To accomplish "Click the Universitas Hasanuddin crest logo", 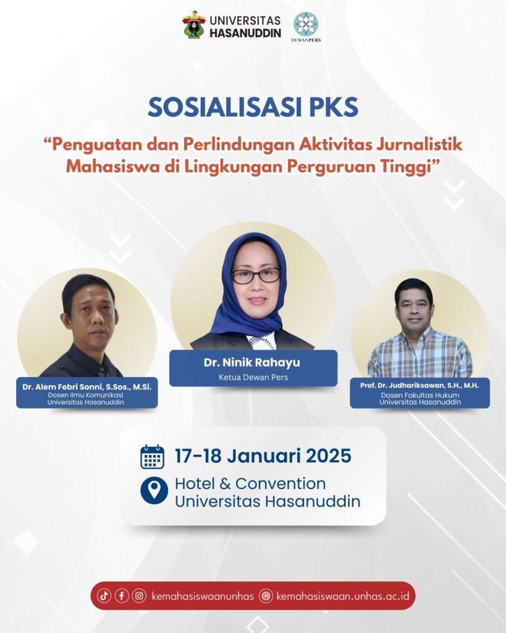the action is point(193,25).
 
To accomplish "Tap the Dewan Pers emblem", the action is point(305,24).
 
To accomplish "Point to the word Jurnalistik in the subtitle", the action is point(420,145).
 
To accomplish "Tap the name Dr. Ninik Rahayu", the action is point(252,362).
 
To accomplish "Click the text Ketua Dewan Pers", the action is point(253,378).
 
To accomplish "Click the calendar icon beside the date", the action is point(152,457).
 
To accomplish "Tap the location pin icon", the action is point(154,490).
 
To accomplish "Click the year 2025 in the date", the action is point(329,456).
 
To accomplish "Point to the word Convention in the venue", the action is point(280,483).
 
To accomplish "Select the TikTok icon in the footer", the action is point(104,595).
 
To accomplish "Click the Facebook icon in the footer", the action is point(122,595).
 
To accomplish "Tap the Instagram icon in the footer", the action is point(139,595).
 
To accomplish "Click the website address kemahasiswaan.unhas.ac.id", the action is point(343,596).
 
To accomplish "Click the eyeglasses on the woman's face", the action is point(256,276).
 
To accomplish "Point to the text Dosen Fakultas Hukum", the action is point(420,395).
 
